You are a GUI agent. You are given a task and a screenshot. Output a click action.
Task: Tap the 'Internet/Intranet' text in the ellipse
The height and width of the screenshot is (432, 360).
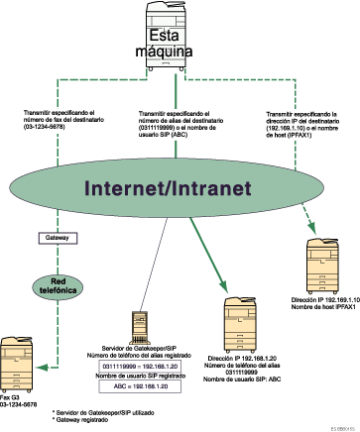coord(180,189)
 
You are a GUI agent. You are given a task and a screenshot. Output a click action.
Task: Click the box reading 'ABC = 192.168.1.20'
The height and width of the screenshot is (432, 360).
coord(136,389)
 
